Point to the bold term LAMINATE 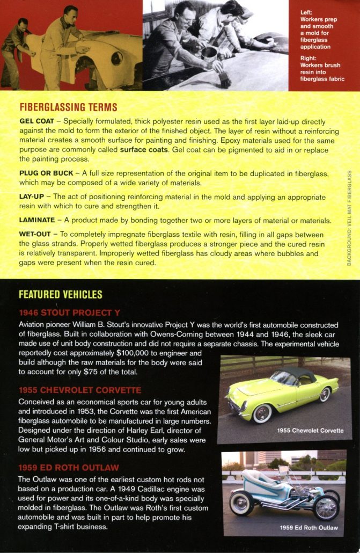37,220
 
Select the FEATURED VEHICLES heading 60,295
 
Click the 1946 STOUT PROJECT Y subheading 69,312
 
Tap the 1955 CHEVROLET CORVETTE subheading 80,390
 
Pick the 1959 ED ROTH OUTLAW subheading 69,467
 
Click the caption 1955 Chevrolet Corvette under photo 310,431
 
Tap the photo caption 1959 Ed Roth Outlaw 308,528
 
